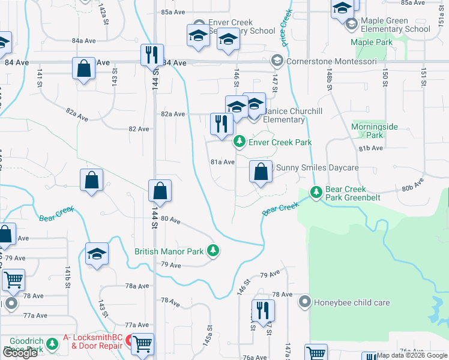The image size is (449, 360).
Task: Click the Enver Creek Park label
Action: (280, 142)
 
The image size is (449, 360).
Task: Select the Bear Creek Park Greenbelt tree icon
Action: (316, 193)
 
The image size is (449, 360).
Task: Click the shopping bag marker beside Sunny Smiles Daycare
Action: (261, 172)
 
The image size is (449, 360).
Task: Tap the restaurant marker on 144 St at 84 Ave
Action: (151, 55)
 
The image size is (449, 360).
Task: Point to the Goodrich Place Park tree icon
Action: (53, 343)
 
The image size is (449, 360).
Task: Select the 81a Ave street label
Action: (222, 162)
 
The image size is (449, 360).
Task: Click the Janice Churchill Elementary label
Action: (285, 115)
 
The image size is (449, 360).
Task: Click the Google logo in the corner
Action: (20, 353)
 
